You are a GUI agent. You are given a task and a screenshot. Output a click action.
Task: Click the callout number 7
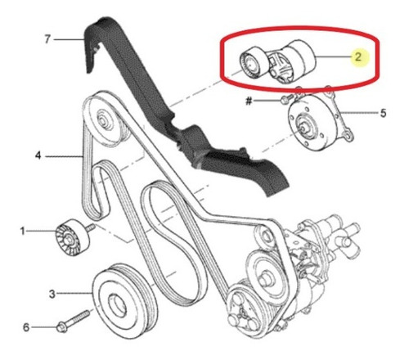[x=47, y=39]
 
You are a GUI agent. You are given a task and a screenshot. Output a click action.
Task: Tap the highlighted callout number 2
[x=358, y=56]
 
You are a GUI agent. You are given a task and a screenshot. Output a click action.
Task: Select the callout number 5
[x=383, y=113]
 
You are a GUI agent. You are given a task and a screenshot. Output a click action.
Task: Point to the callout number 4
[x=38, y=155]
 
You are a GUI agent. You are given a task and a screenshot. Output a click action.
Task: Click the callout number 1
[x=22, y=232]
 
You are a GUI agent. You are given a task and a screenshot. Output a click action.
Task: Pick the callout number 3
[x=52, y=294]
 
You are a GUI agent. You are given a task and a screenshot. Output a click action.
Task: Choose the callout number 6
[x=26, y=327]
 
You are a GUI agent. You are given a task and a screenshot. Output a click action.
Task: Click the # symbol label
[x=249, y=101]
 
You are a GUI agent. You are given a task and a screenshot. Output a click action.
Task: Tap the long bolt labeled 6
[x=73, y=321]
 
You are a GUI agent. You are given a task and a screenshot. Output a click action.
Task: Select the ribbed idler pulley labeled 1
[x=72, y=237]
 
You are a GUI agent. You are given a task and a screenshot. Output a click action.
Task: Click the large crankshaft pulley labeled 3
[x=124, y=300]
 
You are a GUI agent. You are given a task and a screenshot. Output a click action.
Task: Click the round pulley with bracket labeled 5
[x=317, y=120]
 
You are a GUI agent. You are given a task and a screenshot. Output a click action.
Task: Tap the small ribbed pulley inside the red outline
[x=253, y=63]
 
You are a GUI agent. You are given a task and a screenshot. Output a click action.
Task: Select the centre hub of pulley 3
[x=117, y=306]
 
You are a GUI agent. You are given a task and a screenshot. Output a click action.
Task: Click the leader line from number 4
[x=64, y=156]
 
